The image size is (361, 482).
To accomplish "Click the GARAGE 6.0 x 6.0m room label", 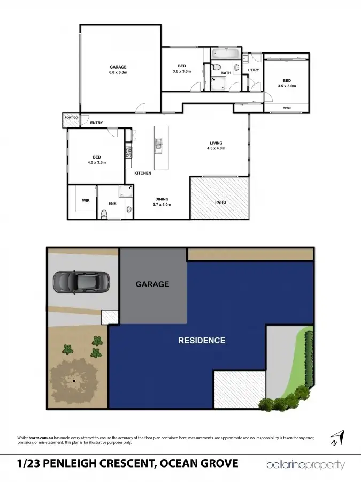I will (x=118, y=70).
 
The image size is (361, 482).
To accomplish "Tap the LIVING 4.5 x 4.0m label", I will (x=216, y=145).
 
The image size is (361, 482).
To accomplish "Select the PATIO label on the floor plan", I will (x=220, y=202).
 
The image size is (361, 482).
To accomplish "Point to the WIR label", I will (x=86, y=201).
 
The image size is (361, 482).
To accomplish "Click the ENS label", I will (x=112, y=204).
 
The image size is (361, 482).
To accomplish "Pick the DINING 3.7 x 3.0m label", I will (x=162, y=201).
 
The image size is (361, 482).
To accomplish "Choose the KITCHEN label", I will (x=143, y=173).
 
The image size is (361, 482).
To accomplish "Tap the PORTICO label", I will (x=71, y=117).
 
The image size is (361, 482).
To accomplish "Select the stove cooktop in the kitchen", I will (x=128, y=153).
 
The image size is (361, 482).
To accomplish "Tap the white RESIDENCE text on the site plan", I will (x=202, y=340).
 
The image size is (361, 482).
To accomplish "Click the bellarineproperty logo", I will (x=306, y=464).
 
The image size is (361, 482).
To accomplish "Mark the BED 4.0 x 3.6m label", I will (x=97, y=160).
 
